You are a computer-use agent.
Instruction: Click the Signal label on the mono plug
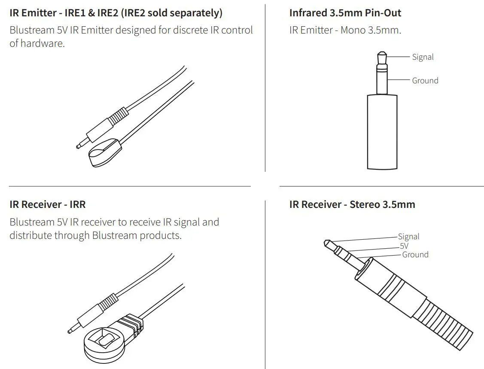[x=423, y=57]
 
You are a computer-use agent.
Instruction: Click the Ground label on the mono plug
[x=425, y=81]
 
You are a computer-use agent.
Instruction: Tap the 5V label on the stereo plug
[x=404, y=246]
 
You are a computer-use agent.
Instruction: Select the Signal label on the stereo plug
[x=408, y=237]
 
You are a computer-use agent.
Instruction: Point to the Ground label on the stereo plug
[x=415, y=255]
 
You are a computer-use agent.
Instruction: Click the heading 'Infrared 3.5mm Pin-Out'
[x=345, y=13]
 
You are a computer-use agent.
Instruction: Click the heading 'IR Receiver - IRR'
[x=47, y=204]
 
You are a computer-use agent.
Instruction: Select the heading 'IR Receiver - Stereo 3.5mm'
[x=352, y=204]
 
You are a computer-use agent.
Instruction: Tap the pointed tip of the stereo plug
[x=328, y=244]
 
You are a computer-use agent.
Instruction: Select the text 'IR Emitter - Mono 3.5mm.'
[x=345, y=31]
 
